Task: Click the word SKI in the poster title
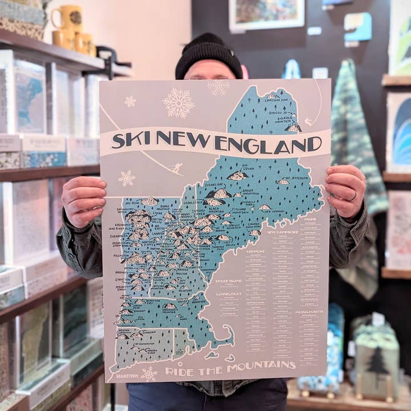(x=130, y=140)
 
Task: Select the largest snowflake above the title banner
(x=179, y=102)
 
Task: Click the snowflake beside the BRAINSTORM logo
(x=149, y=374)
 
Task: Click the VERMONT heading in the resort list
(x=256, y=251)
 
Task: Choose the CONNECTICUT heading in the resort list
(x=229, y=294)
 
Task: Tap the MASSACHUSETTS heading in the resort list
(x=309, y=312)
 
